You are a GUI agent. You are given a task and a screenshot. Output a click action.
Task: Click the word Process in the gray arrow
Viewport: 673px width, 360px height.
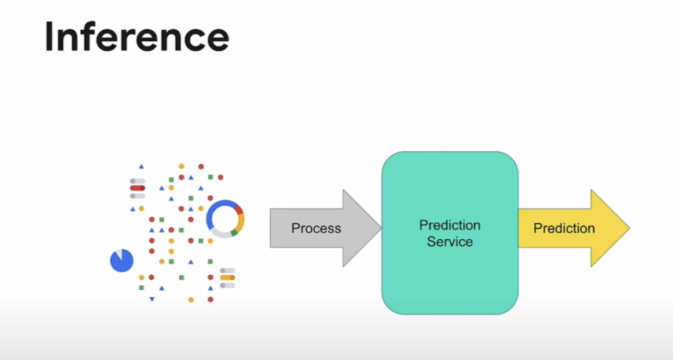(316, 229)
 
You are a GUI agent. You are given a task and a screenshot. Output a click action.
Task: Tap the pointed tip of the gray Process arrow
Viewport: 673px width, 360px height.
(380, 229)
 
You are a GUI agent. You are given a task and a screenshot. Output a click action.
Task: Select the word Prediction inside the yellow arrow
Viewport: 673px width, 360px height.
(564, 229)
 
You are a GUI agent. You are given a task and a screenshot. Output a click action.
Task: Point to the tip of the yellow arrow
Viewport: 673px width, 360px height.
(628, 229)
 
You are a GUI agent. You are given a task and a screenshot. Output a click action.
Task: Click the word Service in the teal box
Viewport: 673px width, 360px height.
(450, 242)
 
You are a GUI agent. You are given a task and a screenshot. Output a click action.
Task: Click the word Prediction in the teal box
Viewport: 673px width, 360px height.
(450, 225)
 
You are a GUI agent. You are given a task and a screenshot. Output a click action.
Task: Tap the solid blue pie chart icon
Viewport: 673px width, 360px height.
(122, 261)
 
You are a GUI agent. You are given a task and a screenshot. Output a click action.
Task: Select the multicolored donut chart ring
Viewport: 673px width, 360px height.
(225, 219)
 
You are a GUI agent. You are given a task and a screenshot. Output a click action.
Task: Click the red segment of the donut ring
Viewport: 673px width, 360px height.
(239, 210)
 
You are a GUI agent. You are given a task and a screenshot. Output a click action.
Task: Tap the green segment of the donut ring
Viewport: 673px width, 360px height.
(235, 233)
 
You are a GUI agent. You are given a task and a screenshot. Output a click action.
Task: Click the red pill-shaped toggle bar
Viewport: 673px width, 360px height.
(137, 188)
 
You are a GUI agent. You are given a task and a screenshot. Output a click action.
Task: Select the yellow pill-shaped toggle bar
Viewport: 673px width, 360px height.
(227, 278)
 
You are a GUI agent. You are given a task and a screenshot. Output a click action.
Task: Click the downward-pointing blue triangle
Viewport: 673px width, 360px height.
(152, 300)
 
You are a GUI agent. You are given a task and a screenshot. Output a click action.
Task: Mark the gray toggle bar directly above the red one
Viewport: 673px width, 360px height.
(137, 181)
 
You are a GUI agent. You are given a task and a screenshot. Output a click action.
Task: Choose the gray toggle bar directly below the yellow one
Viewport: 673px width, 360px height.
(227, 285)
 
